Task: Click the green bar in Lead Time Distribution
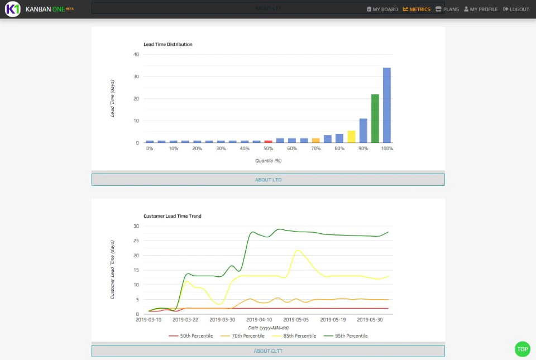[x=375, y=118]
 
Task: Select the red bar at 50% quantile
[x=269, y=141]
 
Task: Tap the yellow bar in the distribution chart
[x=351, y=137]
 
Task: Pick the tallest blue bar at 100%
[x=386, y=105]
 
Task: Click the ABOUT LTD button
[x=268, y=180]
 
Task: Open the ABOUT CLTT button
[x=268, y=351]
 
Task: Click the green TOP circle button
[x=523, y=349]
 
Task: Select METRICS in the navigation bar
[x=417, y=9]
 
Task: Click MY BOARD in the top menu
[x=382, y=9]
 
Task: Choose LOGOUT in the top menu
[x=516, y=9]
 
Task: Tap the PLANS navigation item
[x=447, y=9]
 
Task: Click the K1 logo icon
[x=13, y=9]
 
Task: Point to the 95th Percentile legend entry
[x=346, y=336]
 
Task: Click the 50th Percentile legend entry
[x=191, y=336]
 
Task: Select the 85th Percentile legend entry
[x=294, y=336]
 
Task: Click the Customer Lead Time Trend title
[x=173, y=216]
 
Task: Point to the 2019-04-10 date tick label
[x=259, y=320]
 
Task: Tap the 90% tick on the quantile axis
[x=363, y=148]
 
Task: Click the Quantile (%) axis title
[x=269, y=161]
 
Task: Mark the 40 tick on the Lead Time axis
[x=136, y=54]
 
